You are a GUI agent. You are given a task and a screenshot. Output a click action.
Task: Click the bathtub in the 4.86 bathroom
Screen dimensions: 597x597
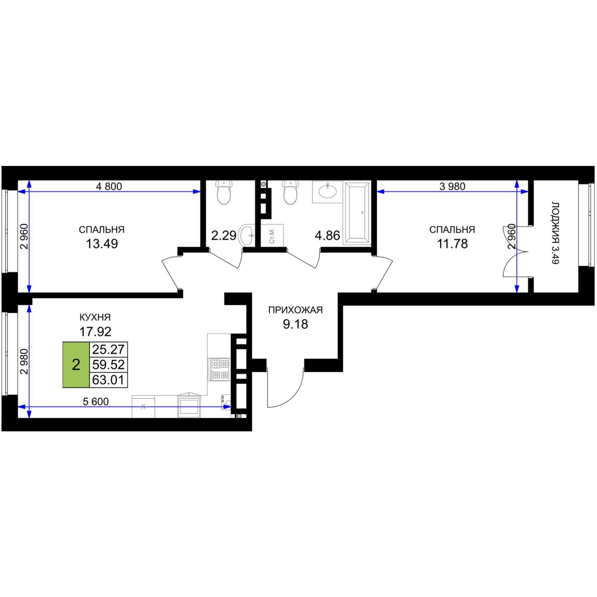[x=357, y=213]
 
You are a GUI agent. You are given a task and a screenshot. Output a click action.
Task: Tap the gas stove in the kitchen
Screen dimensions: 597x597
[x=220, y=369]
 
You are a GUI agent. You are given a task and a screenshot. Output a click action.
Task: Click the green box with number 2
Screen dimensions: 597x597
[x=76, y=365]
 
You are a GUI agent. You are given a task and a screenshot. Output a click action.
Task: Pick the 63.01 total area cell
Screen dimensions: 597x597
[x=108, y=380]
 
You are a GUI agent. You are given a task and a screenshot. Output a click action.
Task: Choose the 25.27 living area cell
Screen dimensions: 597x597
[x=108, y=349]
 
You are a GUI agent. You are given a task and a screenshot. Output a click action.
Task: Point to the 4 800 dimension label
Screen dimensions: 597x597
[x=109, y=187]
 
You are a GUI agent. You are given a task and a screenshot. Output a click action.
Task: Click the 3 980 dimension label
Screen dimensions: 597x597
[x=452, y=187]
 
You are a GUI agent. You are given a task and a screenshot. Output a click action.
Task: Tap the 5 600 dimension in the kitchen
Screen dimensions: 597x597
[x=96, y=401]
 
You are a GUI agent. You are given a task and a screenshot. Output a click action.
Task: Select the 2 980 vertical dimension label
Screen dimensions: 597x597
[x=24, y=362]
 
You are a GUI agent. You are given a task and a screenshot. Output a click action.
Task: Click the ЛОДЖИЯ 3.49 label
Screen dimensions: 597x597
[x=555, y=233]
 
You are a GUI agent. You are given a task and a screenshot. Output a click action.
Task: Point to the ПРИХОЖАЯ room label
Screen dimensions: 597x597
[x=295, y=310]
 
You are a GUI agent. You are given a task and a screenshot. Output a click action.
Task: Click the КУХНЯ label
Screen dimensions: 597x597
[x=95, y=317]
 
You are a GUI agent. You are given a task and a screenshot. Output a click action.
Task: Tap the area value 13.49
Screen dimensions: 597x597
[x=102, y=244]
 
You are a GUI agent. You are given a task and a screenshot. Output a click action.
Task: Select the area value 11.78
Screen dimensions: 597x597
[x=452, y=244]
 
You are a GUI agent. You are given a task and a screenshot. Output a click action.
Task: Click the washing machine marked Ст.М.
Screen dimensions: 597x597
[x=272, y=235]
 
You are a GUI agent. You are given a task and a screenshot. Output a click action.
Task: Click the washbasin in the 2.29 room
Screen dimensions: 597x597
[x=247, y=235]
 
